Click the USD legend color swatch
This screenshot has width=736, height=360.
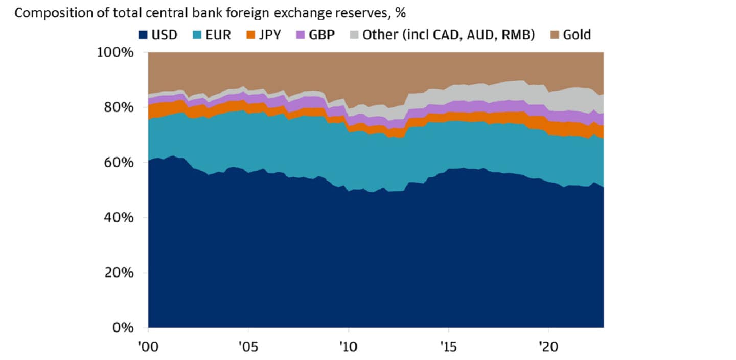pos(143,35)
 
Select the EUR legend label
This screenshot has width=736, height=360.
pos(218,35)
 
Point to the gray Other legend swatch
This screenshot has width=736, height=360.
pos(354,35)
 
